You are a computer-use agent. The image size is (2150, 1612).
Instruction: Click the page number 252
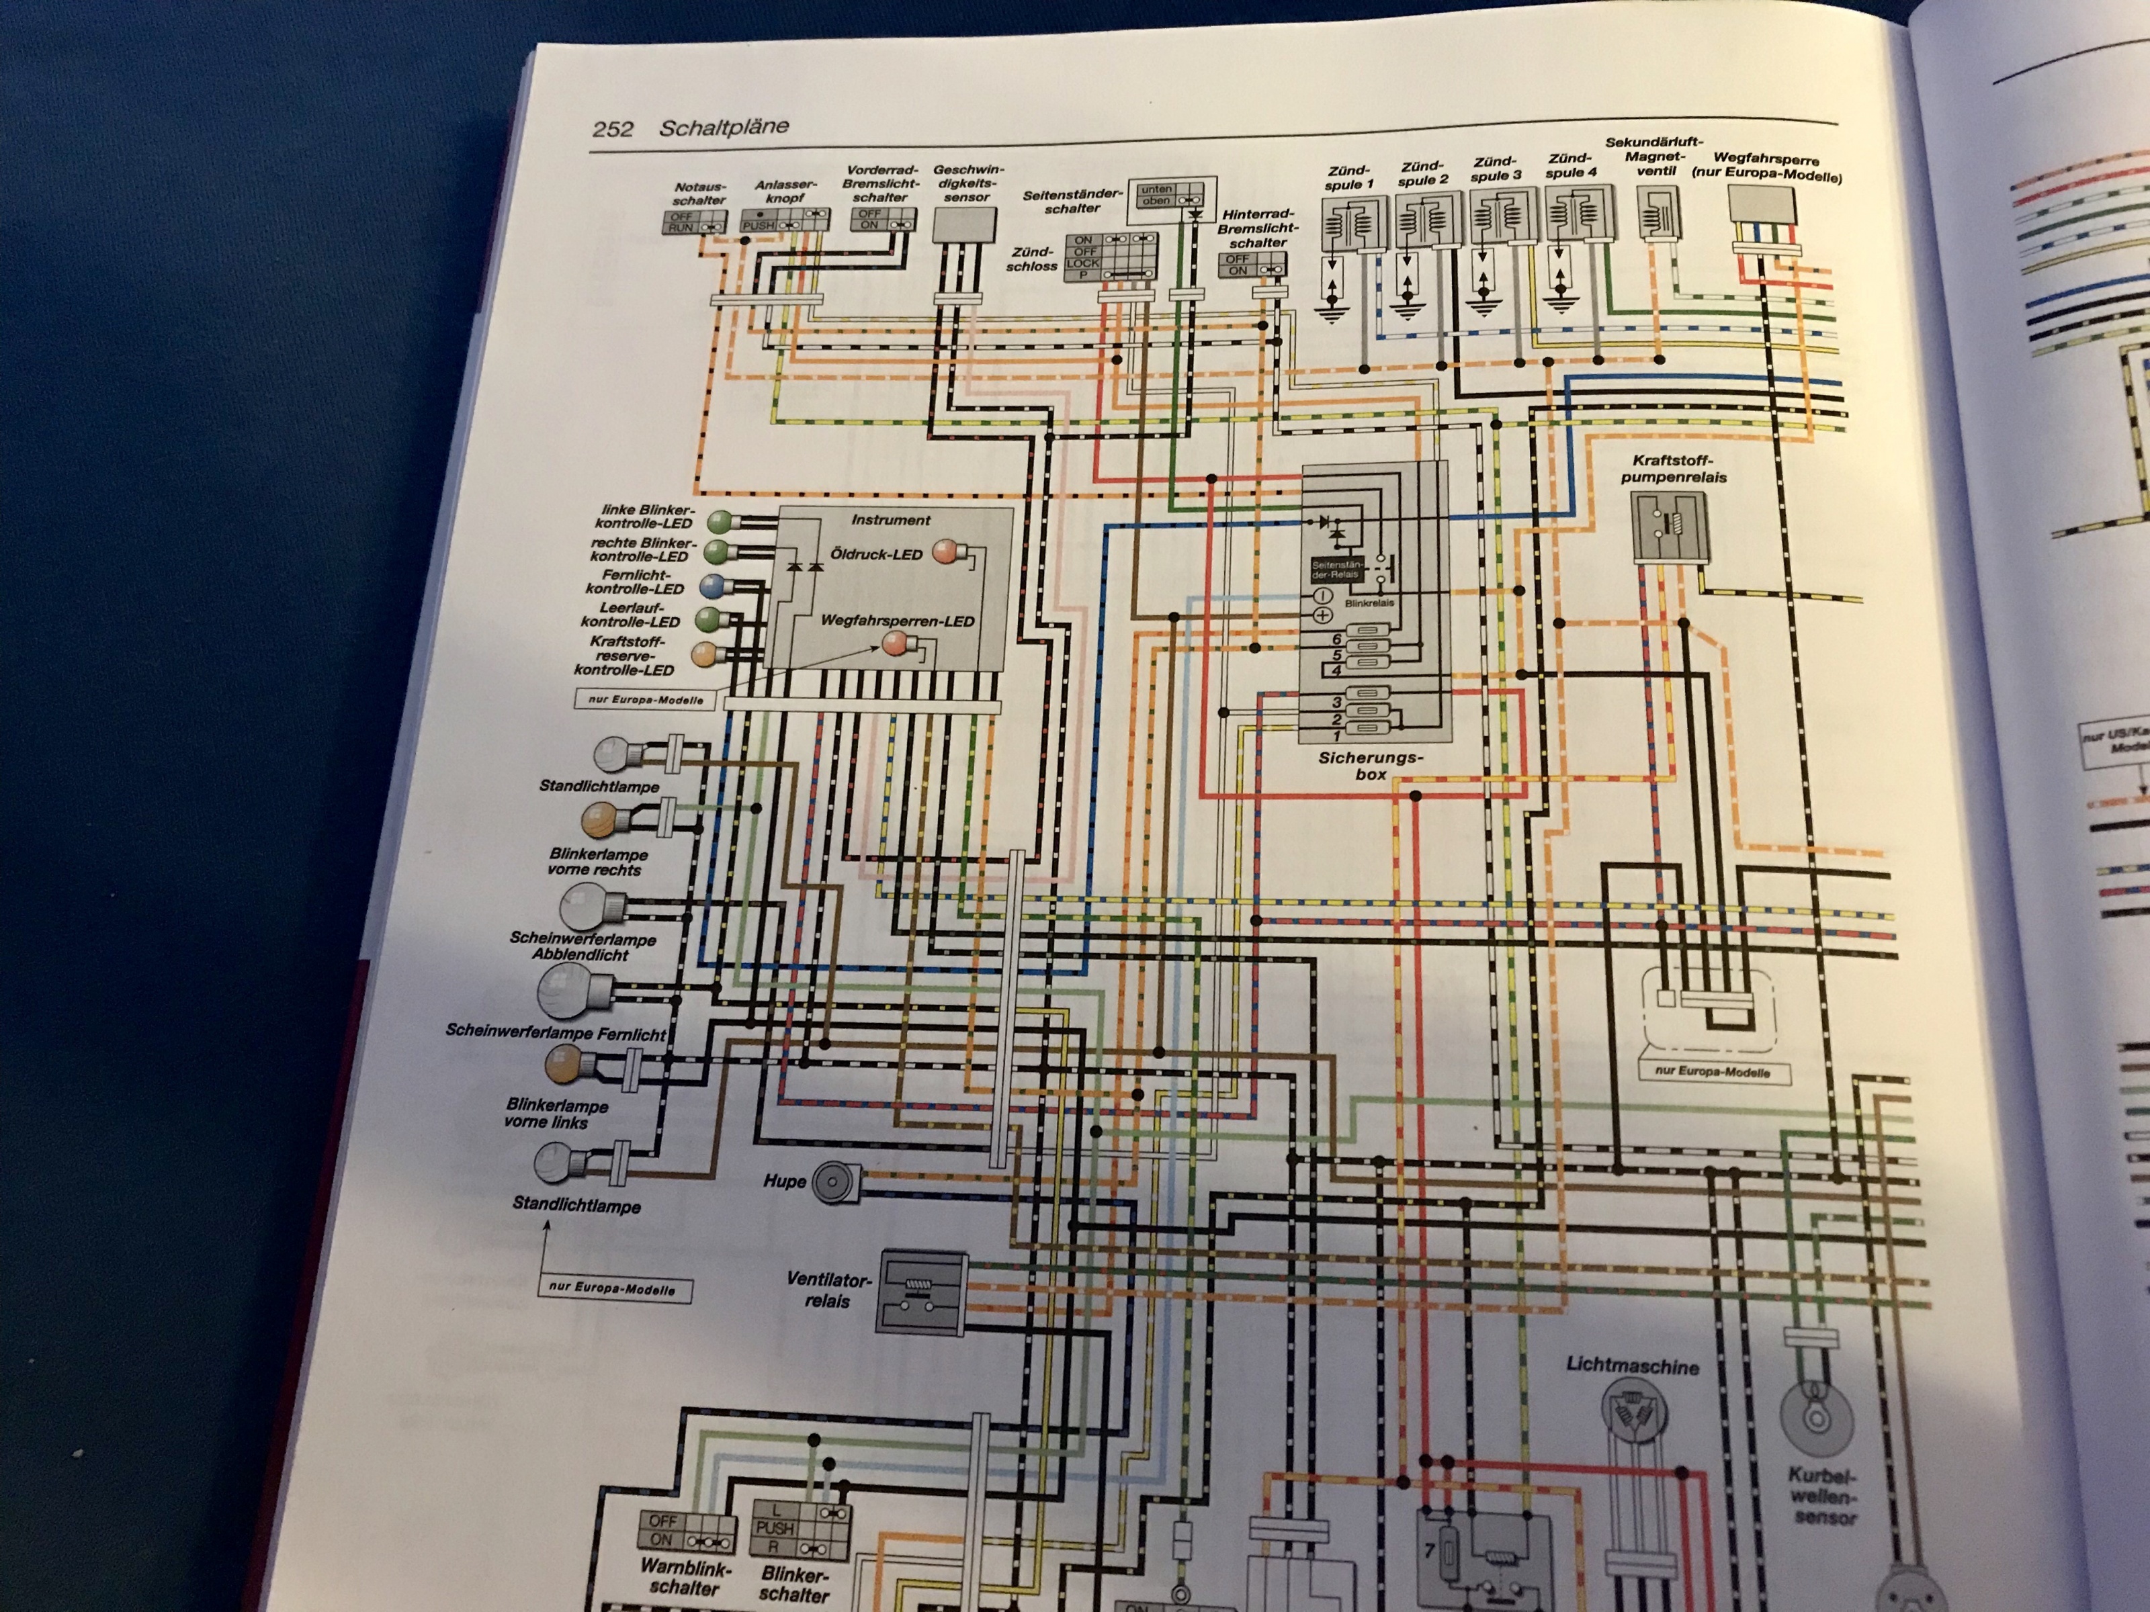pos(612,129)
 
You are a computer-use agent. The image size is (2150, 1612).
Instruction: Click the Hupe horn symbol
pos(833,1183)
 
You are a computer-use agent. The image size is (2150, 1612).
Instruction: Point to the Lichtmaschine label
pos(1632,1366)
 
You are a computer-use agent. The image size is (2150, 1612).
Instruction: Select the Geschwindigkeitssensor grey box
pos(963,226)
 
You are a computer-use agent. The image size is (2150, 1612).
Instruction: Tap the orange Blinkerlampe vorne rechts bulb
pos(600,821)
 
